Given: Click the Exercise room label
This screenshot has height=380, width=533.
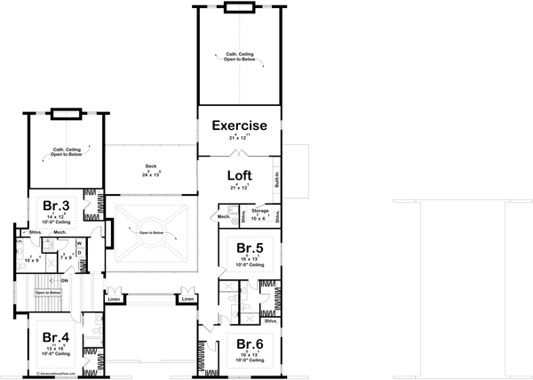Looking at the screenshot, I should coord(238,126).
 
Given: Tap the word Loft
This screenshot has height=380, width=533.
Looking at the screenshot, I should coord(238,175).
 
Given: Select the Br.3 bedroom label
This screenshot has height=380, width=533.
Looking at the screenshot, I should coord(56,205).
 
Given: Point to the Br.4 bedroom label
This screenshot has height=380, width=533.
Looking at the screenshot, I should coord(55,337).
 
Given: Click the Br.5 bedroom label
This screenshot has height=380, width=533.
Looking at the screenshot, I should coord(249,249).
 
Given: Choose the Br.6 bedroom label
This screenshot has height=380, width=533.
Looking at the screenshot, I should coord(249,344).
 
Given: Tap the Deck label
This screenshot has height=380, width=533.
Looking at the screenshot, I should coord(151,166).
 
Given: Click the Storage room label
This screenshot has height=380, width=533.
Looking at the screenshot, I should coord(259,210).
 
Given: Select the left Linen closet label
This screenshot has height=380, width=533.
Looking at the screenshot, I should coord(113,299).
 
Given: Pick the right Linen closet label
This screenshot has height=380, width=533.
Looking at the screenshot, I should coord(187,299).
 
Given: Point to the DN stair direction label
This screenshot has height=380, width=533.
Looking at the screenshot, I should coord(66,280).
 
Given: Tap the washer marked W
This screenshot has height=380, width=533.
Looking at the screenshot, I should coord(78,242).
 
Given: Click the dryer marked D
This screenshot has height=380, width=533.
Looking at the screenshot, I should coord(78,253).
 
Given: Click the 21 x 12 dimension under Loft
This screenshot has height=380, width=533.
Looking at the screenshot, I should coord(238,188).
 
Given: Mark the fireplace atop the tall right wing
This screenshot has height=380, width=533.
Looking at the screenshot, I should coord(238,8).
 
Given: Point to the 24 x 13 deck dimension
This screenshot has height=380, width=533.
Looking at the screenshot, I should coord(151,174).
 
